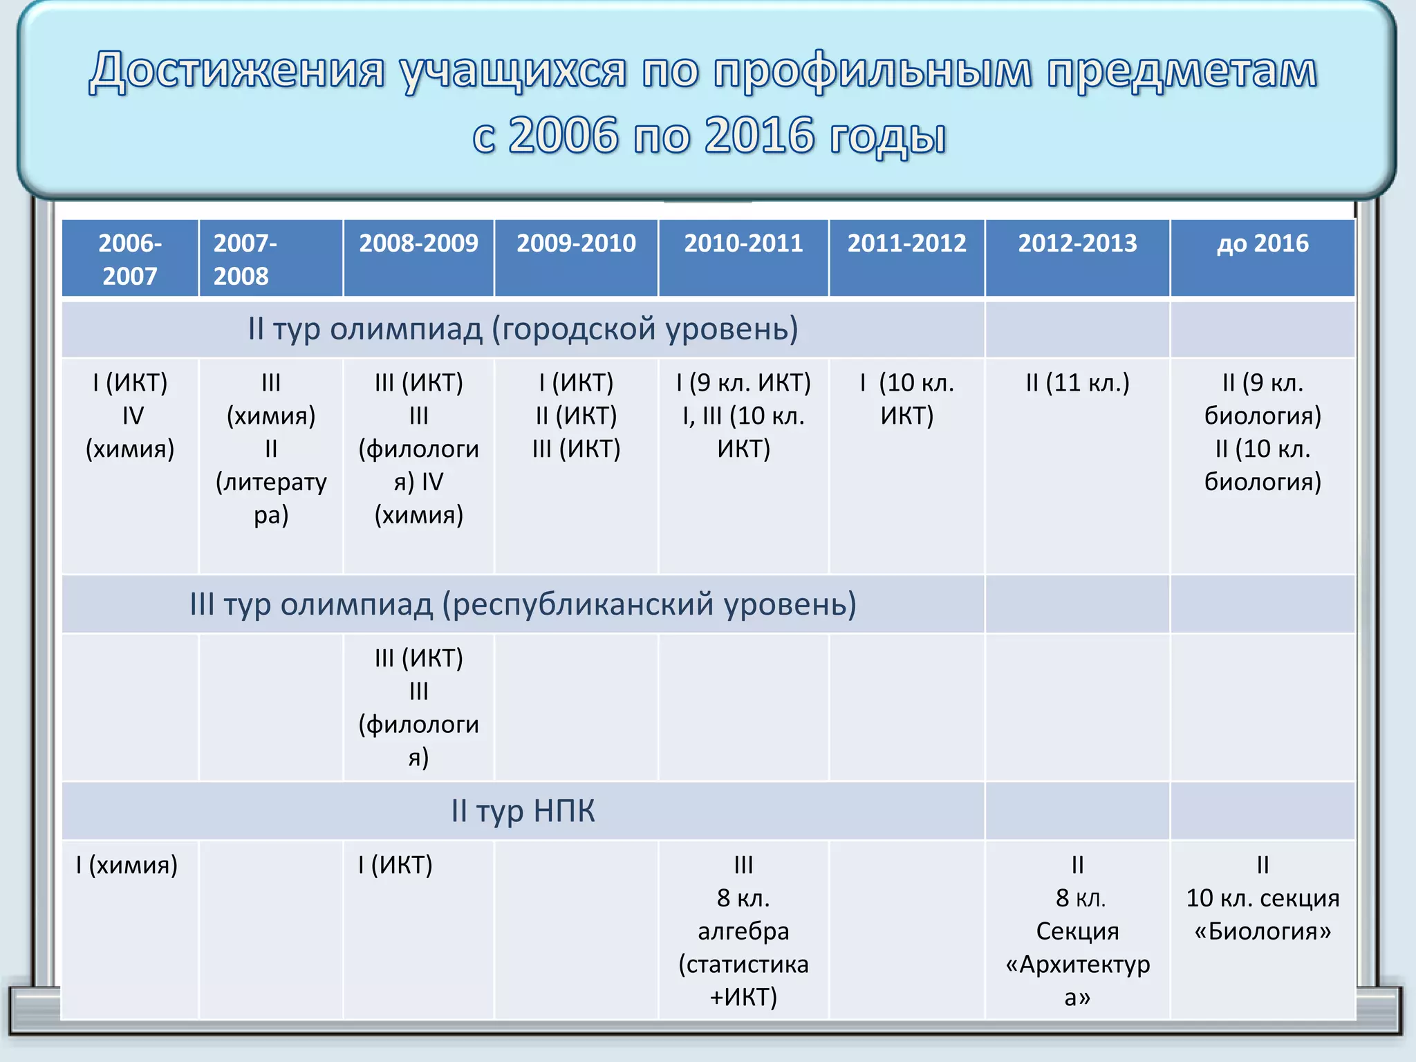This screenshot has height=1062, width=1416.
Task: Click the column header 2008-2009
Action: [x=418, y=243]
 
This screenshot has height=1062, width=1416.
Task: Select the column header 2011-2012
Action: [x=906, y=243]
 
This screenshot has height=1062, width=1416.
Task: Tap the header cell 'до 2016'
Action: [x=1263, y=243]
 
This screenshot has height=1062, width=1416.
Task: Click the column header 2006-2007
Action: [x=130, y=259]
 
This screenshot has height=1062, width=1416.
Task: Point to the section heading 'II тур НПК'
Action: [x=523, y=811]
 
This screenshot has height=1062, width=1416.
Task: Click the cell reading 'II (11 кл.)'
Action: [x=1077, y=382]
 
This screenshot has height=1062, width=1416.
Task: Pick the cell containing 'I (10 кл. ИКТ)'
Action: [x=906, y=399]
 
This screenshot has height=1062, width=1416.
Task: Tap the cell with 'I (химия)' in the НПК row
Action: [x=127, y=865]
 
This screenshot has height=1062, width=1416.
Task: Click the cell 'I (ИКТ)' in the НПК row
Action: [x=395, y=865]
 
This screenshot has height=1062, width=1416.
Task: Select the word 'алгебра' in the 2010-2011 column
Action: [x=743, y=931]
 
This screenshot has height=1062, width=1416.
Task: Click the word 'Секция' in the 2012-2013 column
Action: [x=1077, y=931]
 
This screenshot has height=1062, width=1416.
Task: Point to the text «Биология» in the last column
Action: [x=1263, y=931]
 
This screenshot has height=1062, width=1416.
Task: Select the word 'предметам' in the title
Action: [x=1182, y=72]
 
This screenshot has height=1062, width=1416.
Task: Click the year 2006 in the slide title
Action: [x=563, y=136]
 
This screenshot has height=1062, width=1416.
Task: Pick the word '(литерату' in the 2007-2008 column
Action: [x=271, y=482]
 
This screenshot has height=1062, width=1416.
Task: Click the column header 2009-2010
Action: [x=576, y=243]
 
